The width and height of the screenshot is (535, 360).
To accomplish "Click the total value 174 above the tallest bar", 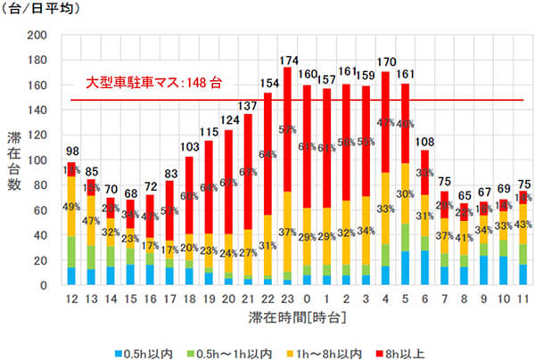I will click(288, 60).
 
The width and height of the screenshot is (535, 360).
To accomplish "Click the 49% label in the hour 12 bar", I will click(71, 207).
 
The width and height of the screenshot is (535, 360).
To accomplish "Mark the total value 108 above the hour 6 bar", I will click(424, 143).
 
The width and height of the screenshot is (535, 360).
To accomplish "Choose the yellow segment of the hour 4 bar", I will click(385, 209).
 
